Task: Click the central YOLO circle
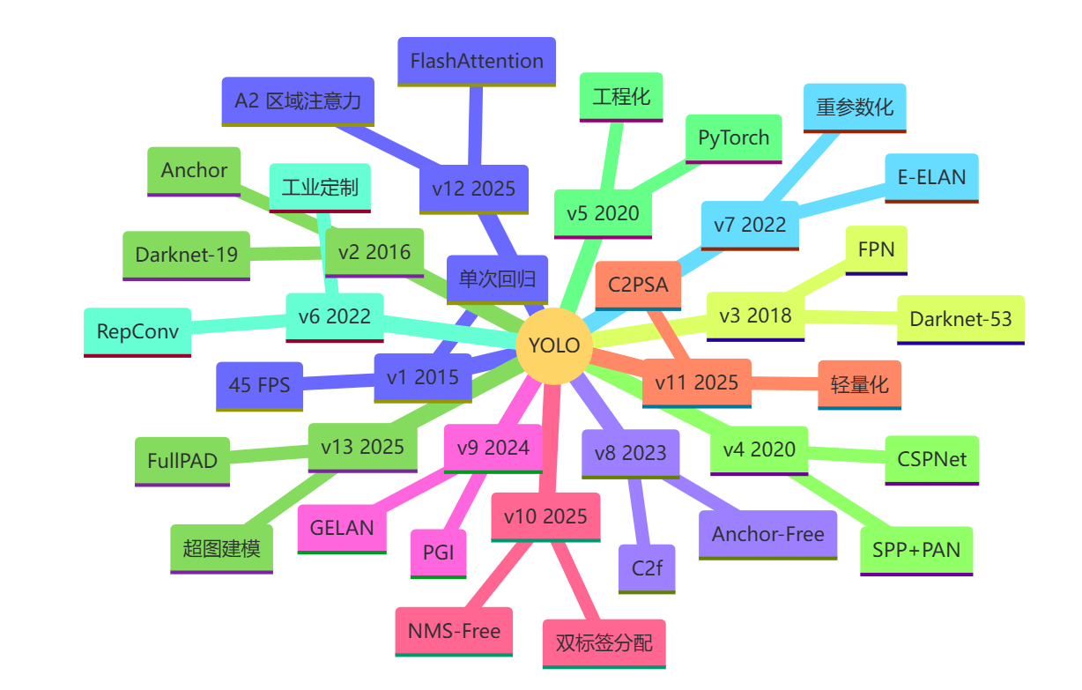coord(553,345)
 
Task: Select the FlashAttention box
coord(477,61)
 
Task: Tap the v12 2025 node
coord(473,189)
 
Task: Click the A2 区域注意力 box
coord(298,100)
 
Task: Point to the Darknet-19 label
coord(187,255)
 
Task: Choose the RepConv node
coord(137,331)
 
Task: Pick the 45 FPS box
coord(260,385)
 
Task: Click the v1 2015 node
coord(423,377)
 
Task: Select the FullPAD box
coord(182,461)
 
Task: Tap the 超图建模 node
coord(222,548)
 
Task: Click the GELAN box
coord(342,528)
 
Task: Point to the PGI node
coord(439,553)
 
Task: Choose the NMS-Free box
coord(454,631)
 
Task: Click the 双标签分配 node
coord(604,642)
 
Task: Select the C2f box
coord(647,568)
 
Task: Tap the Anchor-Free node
coord(768,534)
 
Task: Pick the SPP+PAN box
coord(916,550)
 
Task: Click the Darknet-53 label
coord(960,319)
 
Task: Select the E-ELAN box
coord(932,177)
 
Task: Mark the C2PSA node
coord(639,285)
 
